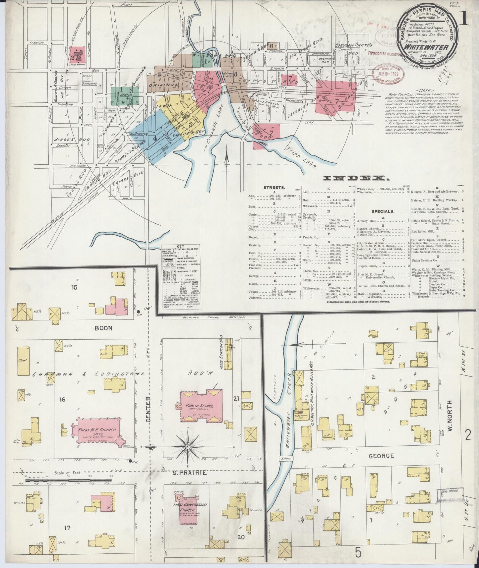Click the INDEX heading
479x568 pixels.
click(x=356, y=178)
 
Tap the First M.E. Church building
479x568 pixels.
click(x=97, y=430)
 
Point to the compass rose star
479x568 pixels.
click(x=188, y=447)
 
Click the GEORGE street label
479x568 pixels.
click(x=381, y=456)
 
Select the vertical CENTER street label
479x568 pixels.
click(x=148, y=410)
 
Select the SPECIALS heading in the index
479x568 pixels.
click(x=383, y=211)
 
